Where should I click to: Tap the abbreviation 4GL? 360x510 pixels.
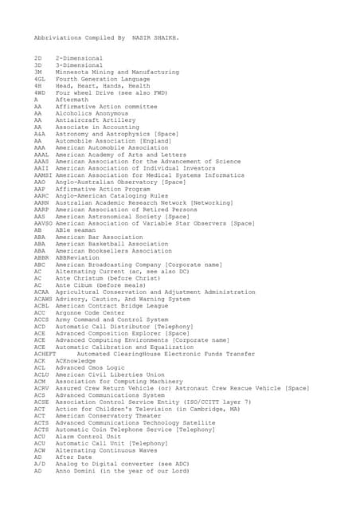(x=39, y=79)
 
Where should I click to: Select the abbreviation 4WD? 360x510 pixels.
(x=39, y=92)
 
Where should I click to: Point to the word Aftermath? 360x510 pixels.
(x=74, y=100)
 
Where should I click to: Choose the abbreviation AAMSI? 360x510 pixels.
(x=43, y=175)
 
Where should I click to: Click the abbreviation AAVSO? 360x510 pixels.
(x=43, y=222)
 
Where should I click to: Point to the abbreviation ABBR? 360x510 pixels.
(x=41, y=257)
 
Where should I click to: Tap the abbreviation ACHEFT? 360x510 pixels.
(x=45, y=354)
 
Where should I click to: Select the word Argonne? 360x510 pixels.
(x=70, y=312)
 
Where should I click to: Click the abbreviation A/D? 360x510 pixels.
(x=39, y=464)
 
